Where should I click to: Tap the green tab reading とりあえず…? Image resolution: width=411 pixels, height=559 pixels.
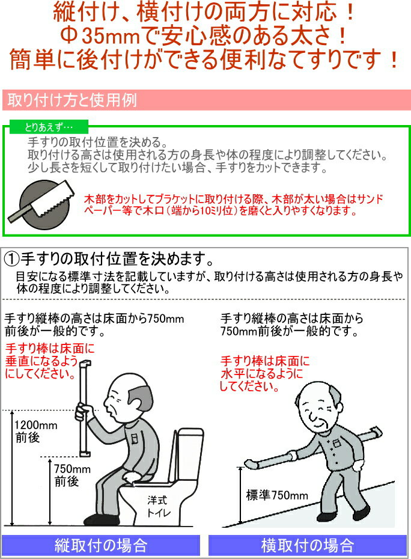click(49, 127)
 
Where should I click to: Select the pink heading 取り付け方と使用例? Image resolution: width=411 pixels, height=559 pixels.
click(72, 100)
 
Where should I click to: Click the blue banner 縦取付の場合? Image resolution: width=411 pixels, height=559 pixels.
click(101, 545)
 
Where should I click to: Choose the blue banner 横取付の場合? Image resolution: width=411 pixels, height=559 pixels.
click(307, 545)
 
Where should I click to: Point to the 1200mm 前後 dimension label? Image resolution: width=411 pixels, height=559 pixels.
click(35, 431)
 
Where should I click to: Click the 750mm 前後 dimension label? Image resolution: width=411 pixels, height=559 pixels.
click(72, 475)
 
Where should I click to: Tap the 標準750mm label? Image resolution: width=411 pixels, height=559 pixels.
click(277, 495)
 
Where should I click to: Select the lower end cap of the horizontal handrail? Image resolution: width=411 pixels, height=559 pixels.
click(251, 463)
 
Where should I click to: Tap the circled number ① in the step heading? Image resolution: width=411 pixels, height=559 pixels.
click(11, 259)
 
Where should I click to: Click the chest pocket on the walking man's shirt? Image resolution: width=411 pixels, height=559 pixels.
click(335, 444)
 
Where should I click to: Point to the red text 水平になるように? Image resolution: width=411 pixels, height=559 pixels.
click(261, 374)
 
